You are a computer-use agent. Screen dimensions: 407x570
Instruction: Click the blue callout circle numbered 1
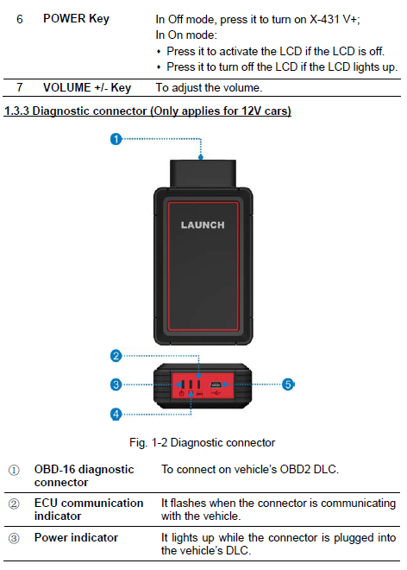(116, 139)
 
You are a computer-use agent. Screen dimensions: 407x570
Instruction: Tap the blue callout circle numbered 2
(116, 356)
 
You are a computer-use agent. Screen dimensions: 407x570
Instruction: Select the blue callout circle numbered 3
(116, 384)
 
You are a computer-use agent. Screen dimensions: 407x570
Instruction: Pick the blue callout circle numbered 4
(116, 414)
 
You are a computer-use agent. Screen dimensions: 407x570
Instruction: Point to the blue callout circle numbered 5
(288, 384)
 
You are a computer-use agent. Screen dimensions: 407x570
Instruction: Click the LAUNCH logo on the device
(203, 225)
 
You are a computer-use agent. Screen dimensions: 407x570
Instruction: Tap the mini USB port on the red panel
(216, 384)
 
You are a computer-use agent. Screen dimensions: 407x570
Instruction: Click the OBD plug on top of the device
(203, 174)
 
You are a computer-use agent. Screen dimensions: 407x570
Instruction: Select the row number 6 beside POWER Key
(20, 19)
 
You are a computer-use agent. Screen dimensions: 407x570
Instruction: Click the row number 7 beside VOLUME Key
(20, 87)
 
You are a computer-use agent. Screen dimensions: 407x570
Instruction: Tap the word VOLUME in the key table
(66, 87)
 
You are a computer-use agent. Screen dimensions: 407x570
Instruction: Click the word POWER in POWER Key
(65, 18)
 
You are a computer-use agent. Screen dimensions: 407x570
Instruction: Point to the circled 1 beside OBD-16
(14, 470)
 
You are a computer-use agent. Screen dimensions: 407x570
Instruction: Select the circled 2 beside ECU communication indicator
(14, 503)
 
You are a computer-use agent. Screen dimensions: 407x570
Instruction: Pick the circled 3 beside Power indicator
(14, 538)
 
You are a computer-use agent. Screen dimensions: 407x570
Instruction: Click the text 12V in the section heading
(251, 111)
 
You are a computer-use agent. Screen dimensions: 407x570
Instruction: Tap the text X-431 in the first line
(325, 19)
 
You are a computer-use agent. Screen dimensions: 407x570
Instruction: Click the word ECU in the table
(48, 503)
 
